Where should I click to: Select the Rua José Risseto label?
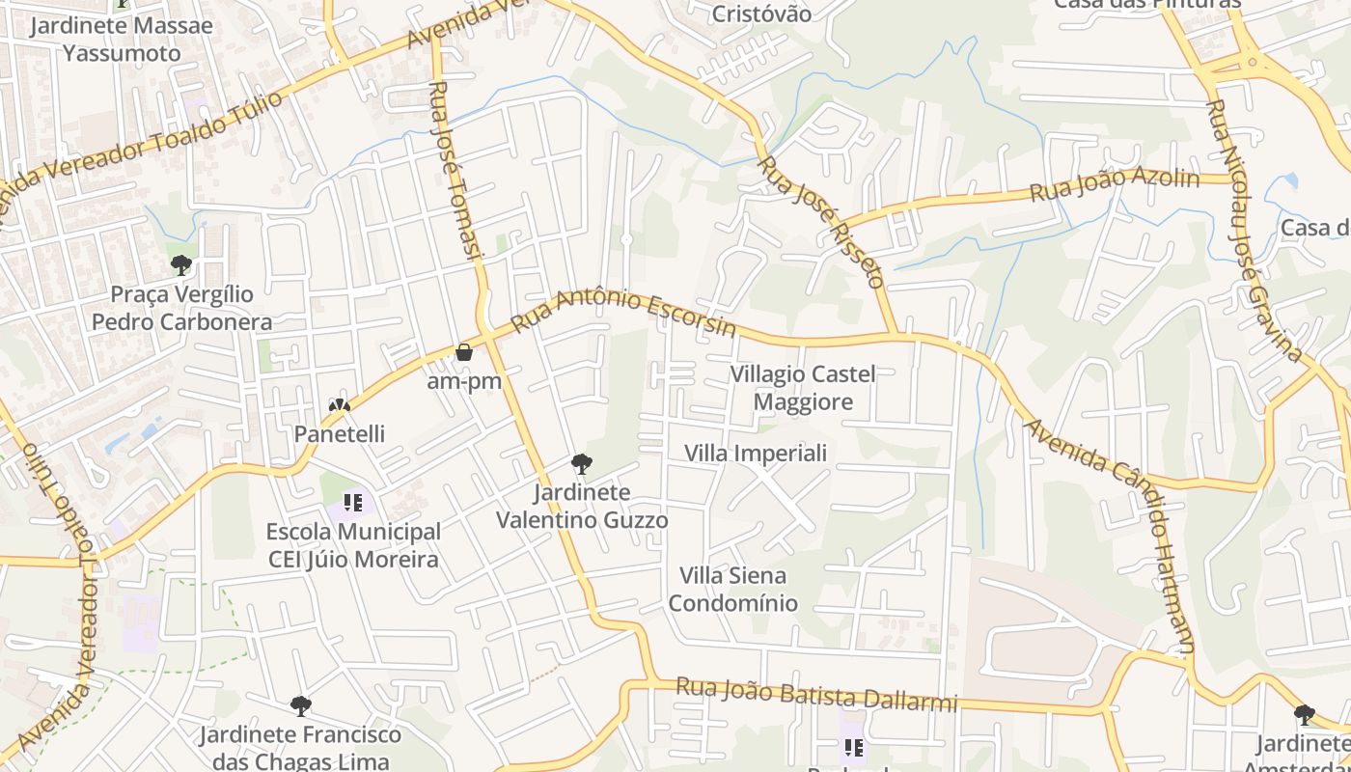coord(821,223)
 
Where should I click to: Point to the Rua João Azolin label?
coord(1115,185)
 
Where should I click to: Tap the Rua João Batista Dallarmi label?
coord(816,694)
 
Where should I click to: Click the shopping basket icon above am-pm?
coord(464,352)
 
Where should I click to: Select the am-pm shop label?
coord(464,381)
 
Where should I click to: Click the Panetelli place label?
coord(340,434)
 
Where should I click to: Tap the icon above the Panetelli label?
coord(339,405)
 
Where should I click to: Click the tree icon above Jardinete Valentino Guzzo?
coord(581,464)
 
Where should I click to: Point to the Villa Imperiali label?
coord(756,453)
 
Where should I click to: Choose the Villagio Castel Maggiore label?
coord(803,388)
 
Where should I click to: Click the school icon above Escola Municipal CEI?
coord(352,503)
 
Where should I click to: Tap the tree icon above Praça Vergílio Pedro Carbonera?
coord(180,264)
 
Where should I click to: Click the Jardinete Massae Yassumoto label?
coord(122,39)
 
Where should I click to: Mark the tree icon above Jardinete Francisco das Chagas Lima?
coord(300,706)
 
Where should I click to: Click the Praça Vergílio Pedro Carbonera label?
coord(181,308)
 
